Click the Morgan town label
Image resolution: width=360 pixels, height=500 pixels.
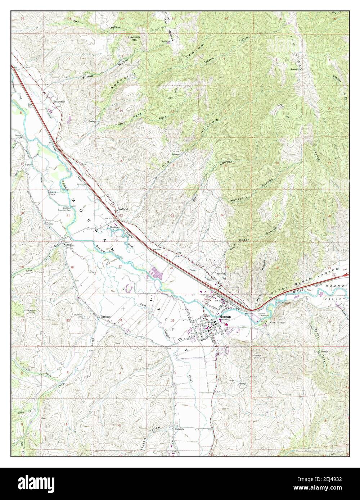point(225,317)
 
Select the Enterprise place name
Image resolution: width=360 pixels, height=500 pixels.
point(59,102)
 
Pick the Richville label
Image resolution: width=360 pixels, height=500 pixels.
point(179,429)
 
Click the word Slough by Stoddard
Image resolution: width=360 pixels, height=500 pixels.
point(130,244)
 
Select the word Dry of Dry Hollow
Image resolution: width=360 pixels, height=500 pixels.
point(76,22)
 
